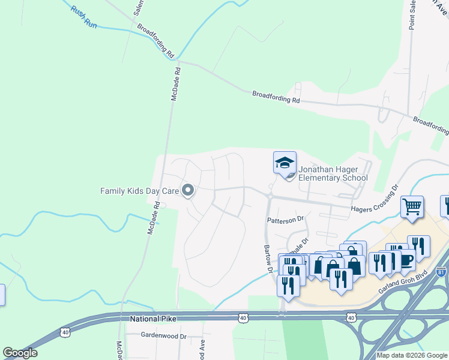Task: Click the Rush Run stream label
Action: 83,16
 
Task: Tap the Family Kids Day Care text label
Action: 139,191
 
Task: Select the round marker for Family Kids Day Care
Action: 187,191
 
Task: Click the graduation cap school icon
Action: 285,162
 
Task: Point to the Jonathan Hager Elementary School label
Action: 333,173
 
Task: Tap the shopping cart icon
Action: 412,207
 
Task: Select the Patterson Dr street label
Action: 286,220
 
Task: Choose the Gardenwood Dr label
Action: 164,336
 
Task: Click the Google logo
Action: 20,353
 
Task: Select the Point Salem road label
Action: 413,16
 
